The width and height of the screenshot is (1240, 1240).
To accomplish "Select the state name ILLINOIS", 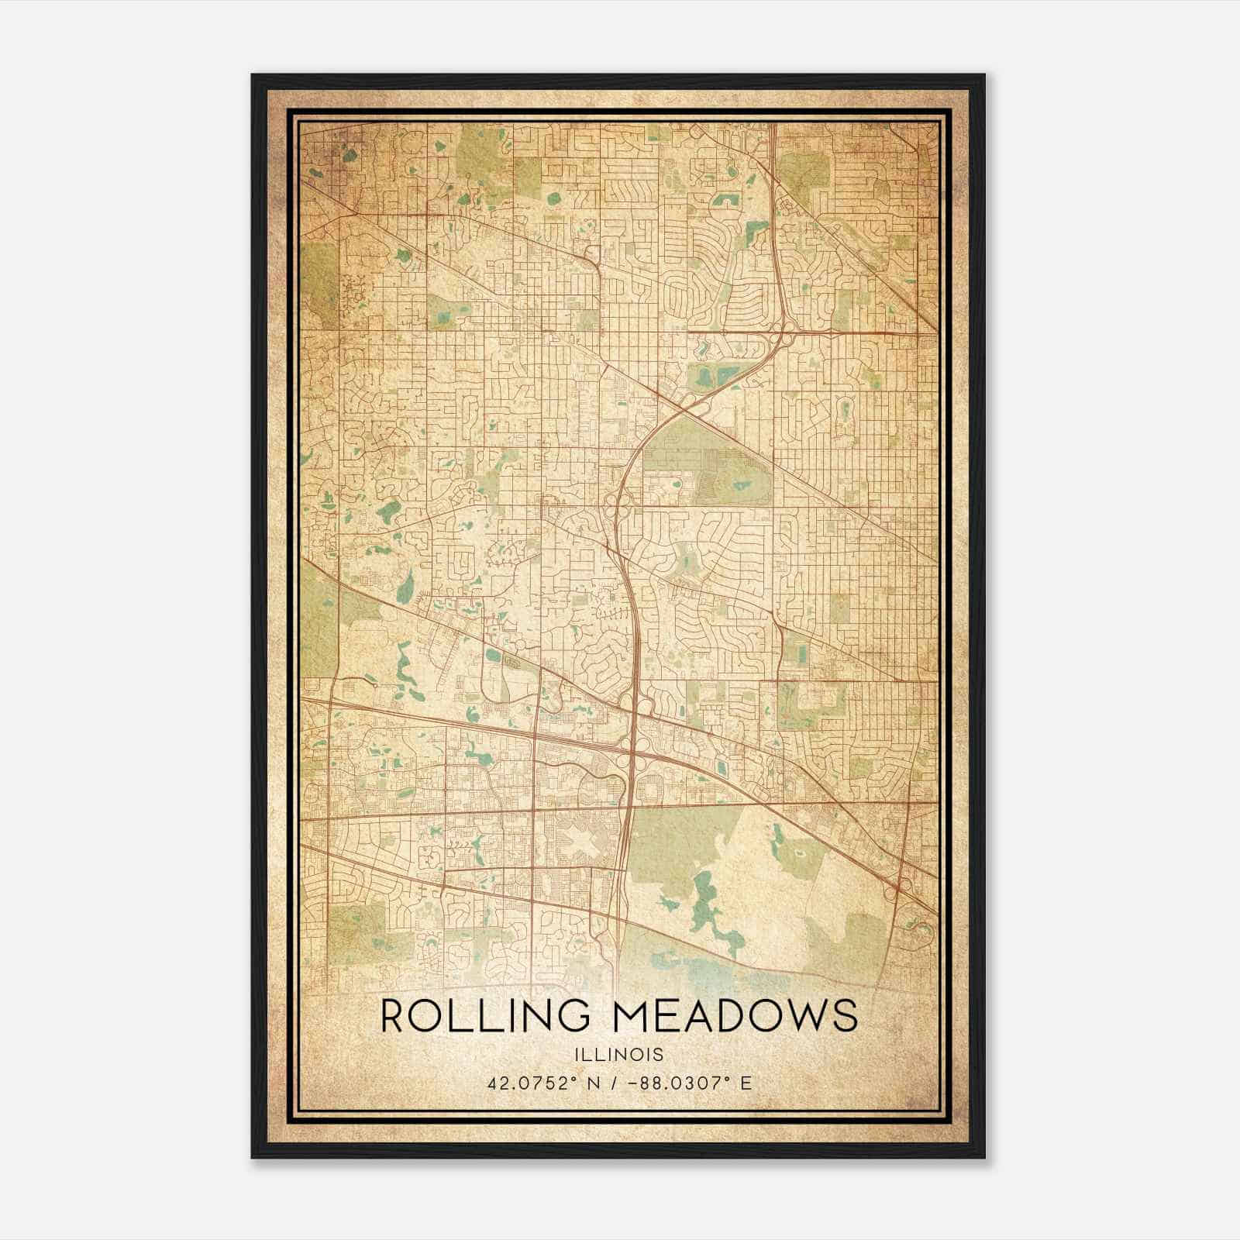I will (x=619, y=1055).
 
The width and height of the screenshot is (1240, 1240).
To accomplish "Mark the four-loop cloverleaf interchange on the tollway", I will (x=633, y=748).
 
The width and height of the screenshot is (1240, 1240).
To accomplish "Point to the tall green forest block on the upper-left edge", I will (x=320, y=283).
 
